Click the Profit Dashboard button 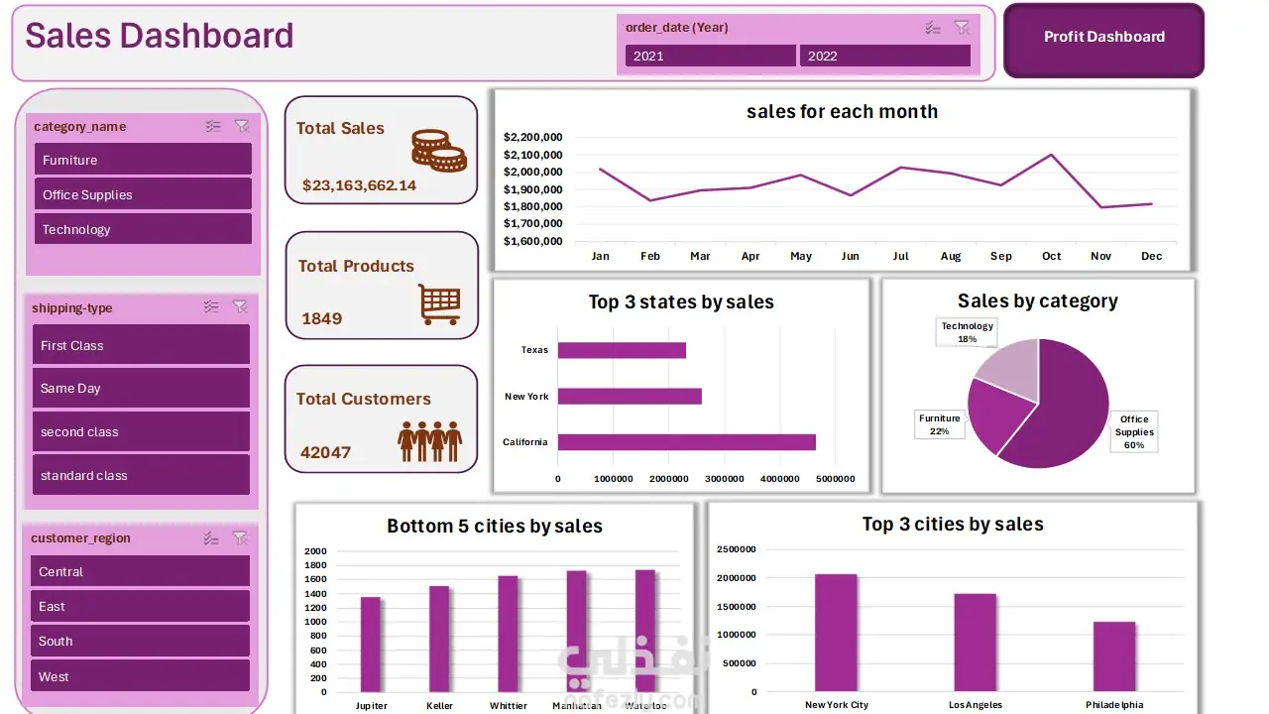pyautogui.click(x=1103, y=38)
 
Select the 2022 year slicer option pyautogui.click(x=884, y=56)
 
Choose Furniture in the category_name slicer pyautogui.click(x=143, y=160)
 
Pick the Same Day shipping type pyautogui.click(x=141, y=388)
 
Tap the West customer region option pyautogui.click(x=140, y=676)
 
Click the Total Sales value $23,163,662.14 pyautogui.click(x=359, y=185)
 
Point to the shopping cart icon pyautogui.click(x=438, y=304)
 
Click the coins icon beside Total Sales pyautogui.click(x=439, y=151)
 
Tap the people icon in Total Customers pyautogui.click(x=430, y=440)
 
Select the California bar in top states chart pyautogui.click(x=686, y=442)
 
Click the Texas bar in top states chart pyautogui.click(x=622, y=350)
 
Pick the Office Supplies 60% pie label pyautogui.click(x=1134, y=432)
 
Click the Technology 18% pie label pyautogui.click(x=967, y=332)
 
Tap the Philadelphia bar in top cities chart pyautogui.click(x=1113, y=655)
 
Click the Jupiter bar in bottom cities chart pyautogui.click(x=371, y=644)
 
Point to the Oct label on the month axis pyautogui.click(x=1051, y=256)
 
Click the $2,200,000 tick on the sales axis pyautogui.click(x=533, y=137)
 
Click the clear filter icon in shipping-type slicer pyautogui.click(x=240, y=307)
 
